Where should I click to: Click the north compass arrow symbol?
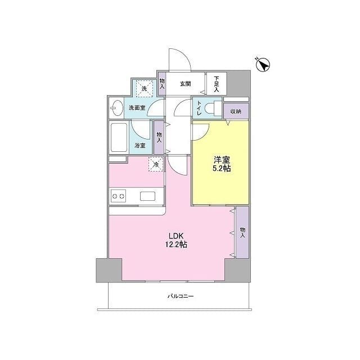263,65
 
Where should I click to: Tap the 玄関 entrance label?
185,84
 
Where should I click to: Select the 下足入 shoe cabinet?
217,84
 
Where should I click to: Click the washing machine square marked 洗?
144,88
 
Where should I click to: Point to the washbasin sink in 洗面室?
117,108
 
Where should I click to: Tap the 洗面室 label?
137,107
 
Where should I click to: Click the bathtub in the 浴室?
119,137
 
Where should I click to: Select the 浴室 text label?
140,145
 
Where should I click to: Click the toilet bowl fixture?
213,108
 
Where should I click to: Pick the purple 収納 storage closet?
236,111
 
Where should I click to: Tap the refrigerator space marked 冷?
156,164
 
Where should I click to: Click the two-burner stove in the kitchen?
118,196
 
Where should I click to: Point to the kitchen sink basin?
147,196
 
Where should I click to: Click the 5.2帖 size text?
221,168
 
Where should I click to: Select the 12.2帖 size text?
176,245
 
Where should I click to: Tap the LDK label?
176,236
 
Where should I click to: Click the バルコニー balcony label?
181,296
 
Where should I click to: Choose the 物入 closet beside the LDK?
242,232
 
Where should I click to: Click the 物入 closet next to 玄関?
162,84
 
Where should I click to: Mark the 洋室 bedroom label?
222,160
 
